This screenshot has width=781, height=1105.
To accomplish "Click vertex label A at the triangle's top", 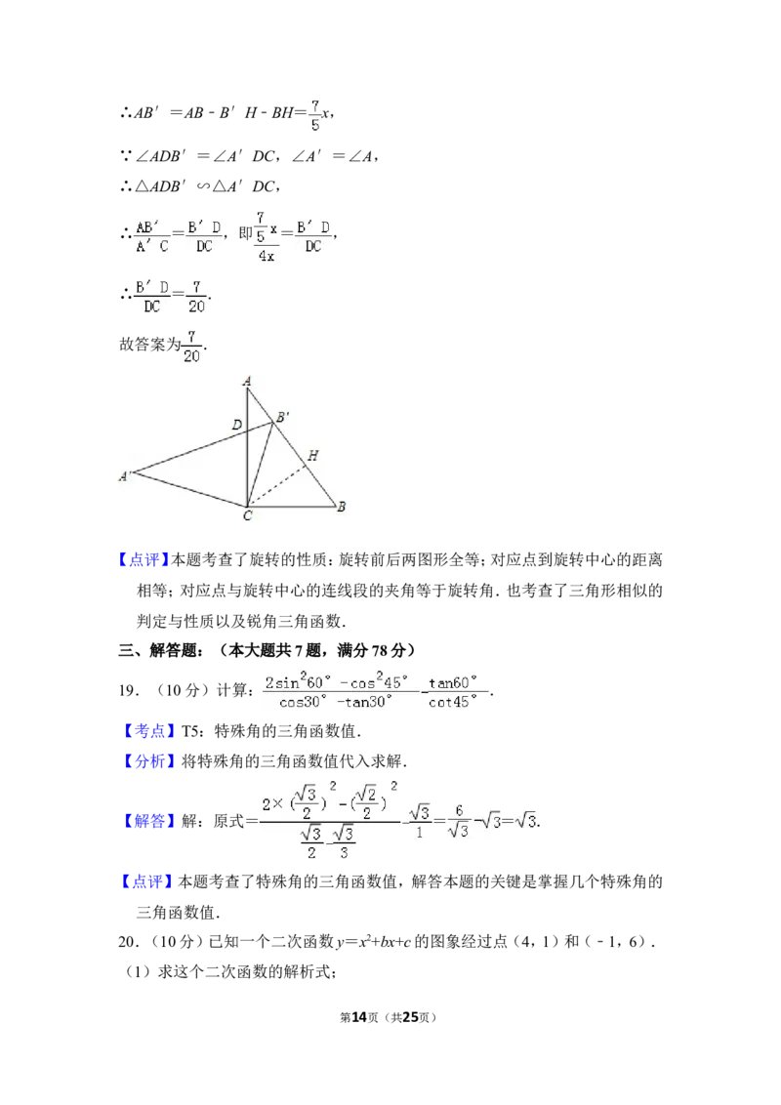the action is pos(247,382).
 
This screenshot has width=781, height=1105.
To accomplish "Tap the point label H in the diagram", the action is pos(312,455).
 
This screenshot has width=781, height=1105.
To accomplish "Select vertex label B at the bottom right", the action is pos(341,506).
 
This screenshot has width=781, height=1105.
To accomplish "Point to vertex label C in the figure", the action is pos(247,515).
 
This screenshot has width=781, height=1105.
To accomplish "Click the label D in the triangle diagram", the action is pos(237,425).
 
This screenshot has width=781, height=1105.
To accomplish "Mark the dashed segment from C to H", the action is pos(277,485).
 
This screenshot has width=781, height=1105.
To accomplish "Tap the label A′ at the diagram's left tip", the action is pos(124,476).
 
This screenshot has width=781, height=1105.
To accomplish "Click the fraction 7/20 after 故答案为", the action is pos(191,347).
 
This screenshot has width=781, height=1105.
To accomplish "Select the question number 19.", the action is pos(128,691).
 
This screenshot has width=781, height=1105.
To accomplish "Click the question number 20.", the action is pos(127,942).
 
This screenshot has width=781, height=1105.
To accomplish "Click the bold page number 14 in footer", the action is pos(359,1017).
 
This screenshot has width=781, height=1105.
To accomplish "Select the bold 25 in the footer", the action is pos(410,1017).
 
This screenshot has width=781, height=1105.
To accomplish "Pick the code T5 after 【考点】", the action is pos(191,731).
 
